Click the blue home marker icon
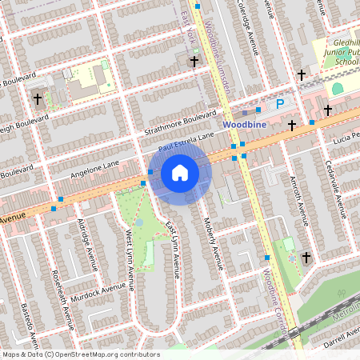(x=180, y=173)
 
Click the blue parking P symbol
(x=280, y=103)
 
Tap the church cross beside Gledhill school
(x=302, y=75)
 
